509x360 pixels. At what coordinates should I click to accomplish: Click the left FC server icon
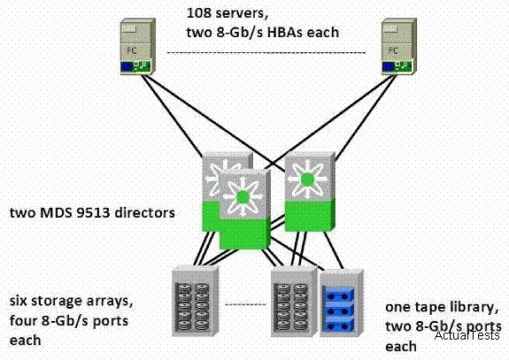pos(137,46)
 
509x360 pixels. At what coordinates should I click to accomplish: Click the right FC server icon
pos(398,46)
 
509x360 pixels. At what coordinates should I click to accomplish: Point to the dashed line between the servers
pos(266,52)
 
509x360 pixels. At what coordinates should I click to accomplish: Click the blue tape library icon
pos(341,303)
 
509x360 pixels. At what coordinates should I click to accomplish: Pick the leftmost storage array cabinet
pos(195,301)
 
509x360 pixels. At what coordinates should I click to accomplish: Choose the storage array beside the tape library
pos(294,301)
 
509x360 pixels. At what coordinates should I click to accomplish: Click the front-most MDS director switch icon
pos(244,209)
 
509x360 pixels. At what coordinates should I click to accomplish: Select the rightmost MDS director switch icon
pos(310,191)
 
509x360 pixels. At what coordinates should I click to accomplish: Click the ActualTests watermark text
pos(467,334)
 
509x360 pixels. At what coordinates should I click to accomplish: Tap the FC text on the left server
pos(132,50)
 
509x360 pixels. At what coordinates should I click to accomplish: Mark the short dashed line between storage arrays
pos(245,304)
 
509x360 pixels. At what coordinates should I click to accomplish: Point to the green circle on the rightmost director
pos(307,180)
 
